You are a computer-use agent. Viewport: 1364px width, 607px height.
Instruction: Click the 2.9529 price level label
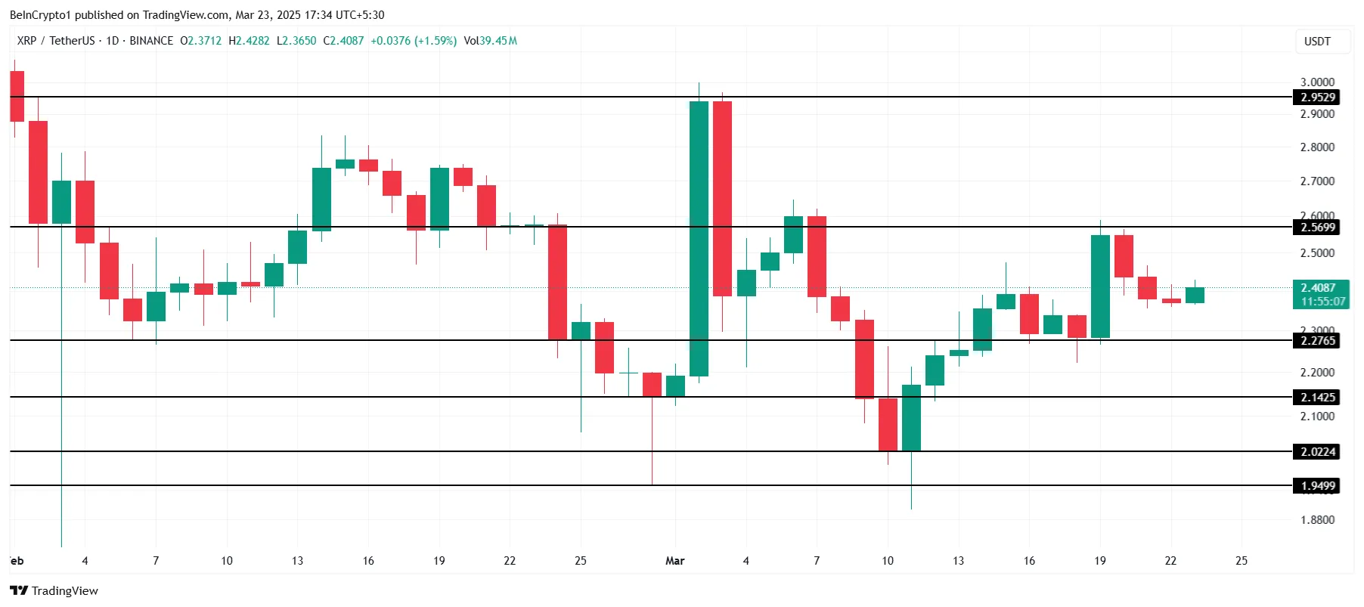(1318, 98)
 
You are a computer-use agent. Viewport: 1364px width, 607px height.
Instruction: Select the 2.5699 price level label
(1318, 228)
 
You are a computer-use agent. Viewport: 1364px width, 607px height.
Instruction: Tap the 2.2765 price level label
(1318, 341)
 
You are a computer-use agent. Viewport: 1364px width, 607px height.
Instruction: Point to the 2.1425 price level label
(1318, 398)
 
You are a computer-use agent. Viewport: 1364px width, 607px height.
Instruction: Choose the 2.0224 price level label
(1318, 452)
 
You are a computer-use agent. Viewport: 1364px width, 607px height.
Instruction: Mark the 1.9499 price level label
(1318, 486)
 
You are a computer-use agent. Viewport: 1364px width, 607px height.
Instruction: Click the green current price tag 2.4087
(1321, 294)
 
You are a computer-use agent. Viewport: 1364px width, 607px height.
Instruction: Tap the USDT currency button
(1317, 42)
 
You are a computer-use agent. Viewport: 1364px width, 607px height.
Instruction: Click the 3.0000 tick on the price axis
(1317, 82)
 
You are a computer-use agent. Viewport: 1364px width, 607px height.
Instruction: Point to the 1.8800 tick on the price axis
(1317, 520)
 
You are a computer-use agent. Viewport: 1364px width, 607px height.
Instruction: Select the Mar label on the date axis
(674, 561)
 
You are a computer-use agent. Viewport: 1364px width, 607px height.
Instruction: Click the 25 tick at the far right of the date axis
(1242, 561)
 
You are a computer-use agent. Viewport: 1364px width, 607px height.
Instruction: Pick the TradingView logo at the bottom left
(54, 591)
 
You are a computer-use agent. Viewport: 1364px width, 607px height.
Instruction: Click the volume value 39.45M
(498, 41)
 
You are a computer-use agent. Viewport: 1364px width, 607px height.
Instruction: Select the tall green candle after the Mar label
(699, 238)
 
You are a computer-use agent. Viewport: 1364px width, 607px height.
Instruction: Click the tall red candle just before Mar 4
(722, 198)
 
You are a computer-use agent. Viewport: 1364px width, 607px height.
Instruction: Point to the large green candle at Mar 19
(1100, 286)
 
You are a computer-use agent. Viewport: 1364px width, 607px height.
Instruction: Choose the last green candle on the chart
(1195, 295)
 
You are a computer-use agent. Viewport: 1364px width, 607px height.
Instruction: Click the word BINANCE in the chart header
(151, 41)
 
